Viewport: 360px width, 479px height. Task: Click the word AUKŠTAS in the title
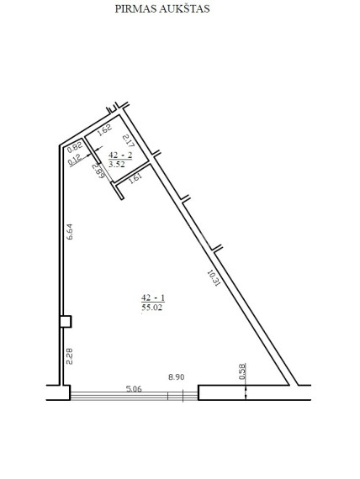[x=184, y=8]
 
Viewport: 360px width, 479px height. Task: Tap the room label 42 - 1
[x=153, y=297]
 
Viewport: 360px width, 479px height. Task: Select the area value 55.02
[x=152, y=308]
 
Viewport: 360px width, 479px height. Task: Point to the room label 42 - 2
[x=120, y=155]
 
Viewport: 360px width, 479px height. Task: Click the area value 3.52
[x=117, y=164]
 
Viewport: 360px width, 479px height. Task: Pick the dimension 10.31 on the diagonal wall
[x=214, y=277]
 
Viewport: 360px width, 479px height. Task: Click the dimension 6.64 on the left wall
[x=70, y=232]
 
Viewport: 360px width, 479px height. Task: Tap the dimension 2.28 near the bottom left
[x=70, y=356]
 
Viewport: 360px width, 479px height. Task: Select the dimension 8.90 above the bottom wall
[x=177, y=377]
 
